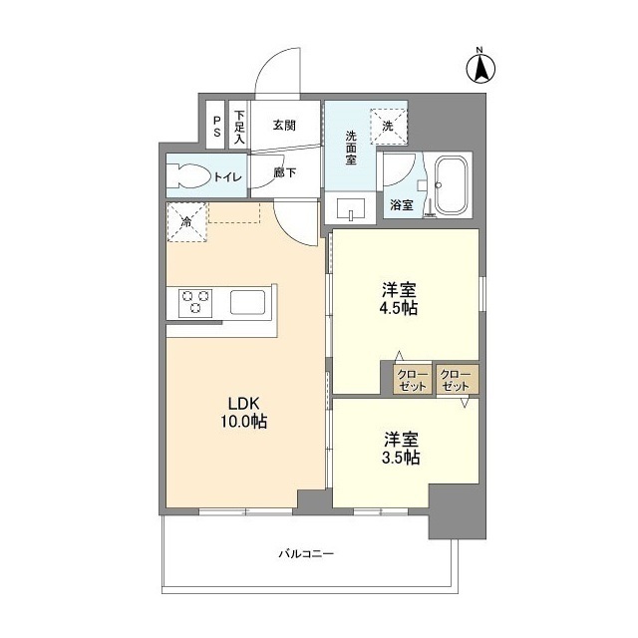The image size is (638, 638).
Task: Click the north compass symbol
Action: coord(478,67)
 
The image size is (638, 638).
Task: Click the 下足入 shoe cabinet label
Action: coord(239,126)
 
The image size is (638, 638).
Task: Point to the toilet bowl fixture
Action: coord(187,177)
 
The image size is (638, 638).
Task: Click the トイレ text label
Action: coord(228,177)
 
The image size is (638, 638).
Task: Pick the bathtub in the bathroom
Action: coord(453,184)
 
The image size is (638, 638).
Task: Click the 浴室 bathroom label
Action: coord(402,205)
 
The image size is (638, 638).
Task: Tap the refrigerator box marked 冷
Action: coord(186,221)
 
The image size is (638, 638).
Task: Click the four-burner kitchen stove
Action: coord(196,301)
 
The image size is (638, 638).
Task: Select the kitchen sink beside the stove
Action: coord(246,301)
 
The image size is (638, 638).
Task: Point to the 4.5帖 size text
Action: coord(399,308)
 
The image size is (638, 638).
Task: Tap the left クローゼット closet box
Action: coord(413,380)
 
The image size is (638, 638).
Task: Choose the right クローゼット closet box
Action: coord(457,380)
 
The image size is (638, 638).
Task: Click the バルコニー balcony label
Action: coord(305,553)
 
